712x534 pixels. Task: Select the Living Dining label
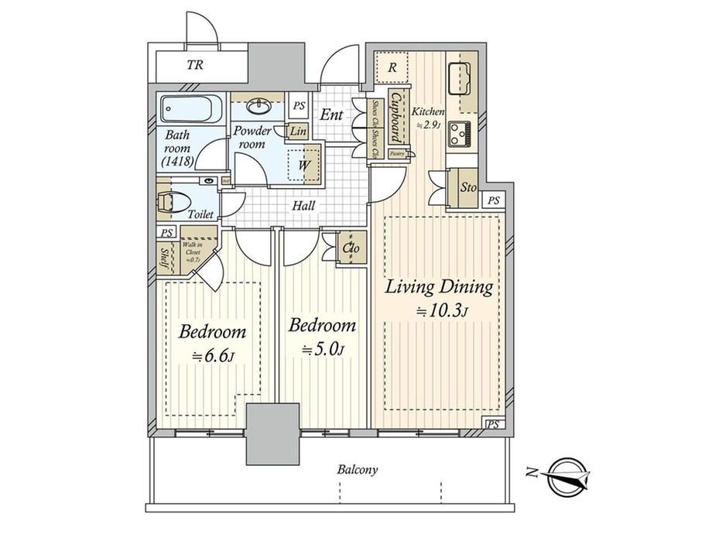click(x=440, y=289)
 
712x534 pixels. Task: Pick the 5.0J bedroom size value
click(x=322, y=349)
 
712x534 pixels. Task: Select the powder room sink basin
click(x=259, y=105)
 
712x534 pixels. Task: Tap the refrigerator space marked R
click(x=393, y=68)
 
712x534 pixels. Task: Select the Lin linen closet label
click(x=298, y=132)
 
